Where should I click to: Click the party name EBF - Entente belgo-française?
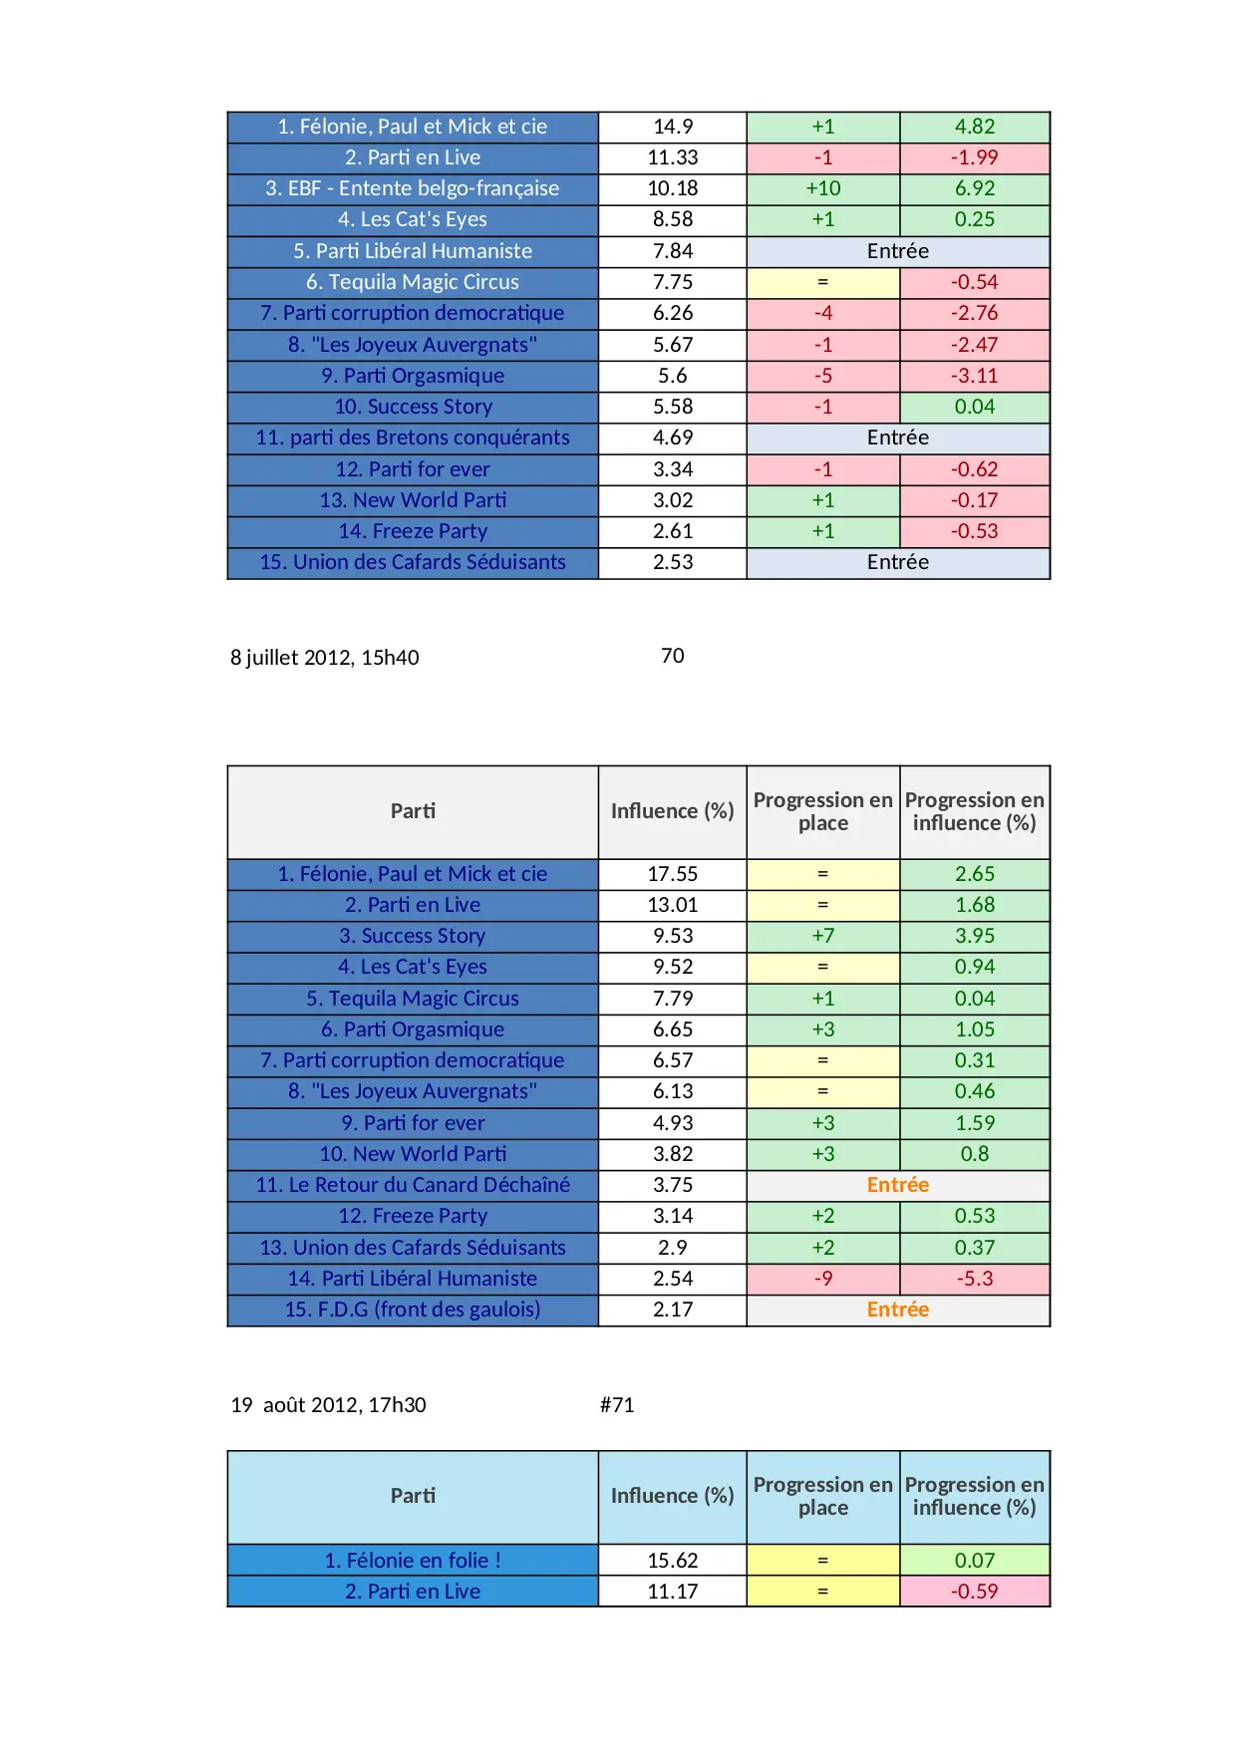(x=412, y=188)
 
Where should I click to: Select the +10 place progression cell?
(x=822, y=188)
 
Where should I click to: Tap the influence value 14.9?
(x=673, y=127)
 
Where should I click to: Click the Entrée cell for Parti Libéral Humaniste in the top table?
(x=897, y=251)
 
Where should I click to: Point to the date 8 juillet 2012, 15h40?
(x=324, y=658)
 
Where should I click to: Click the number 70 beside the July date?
(x=673, y=656)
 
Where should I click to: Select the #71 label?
(x=617, y=1405)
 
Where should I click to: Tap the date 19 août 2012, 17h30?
(x=328, y=1405)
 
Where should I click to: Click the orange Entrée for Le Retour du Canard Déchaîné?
(x=897, y=1185)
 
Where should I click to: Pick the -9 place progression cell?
(x=822, y=1279)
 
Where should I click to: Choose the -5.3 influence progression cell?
(x=974, y=1279)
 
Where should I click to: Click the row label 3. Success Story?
(x=412, y=936)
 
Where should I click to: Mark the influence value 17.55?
(x=673, y=874)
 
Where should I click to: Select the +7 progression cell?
(x=822, y=936)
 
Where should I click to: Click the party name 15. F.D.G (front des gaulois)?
(x=412, y=1310)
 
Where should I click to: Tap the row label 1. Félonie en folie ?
(x=412, y=1561)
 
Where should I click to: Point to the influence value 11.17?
(x=673, y=1592)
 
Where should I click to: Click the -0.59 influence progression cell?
(x=974, y=1592)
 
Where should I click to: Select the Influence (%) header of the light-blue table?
(x=673, y=1496)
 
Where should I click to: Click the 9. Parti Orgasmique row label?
(x=412, y=376)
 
